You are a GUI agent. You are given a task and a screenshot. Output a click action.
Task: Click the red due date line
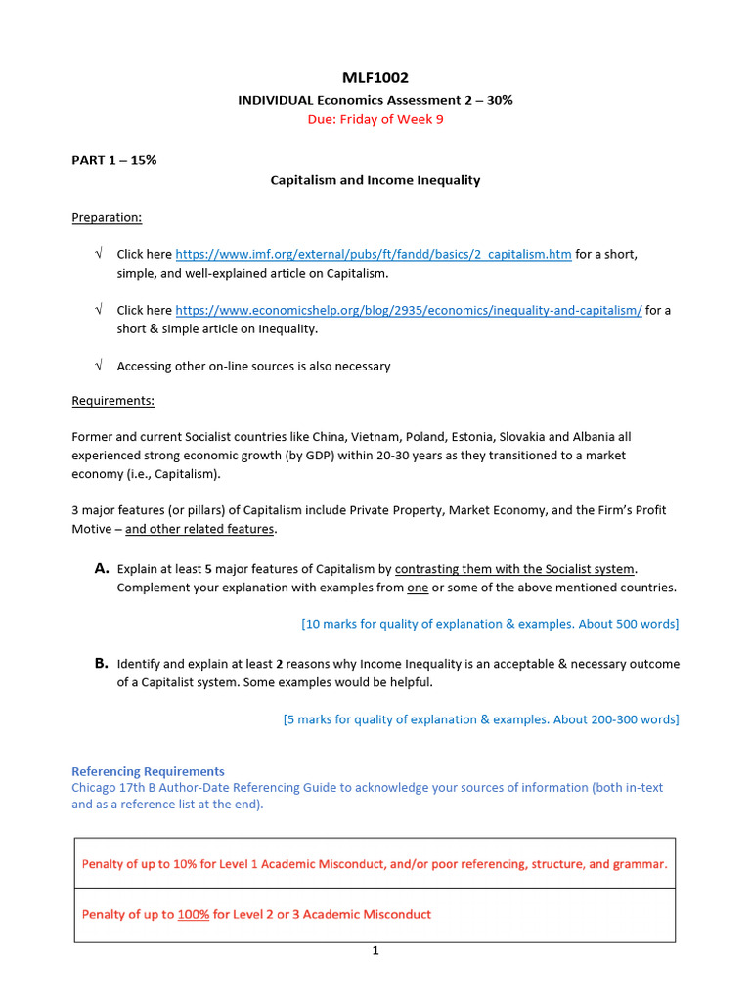point(375,120)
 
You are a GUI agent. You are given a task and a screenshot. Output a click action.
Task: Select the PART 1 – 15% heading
point(113,160)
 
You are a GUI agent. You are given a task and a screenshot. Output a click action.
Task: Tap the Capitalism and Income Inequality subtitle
point(375,180)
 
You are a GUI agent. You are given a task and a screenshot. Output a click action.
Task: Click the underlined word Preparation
point(107,217)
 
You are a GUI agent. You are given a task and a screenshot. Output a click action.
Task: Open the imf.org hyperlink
point(374,254)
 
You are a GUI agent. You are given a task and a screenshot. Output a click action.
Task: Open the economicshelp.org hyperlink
point(409,310)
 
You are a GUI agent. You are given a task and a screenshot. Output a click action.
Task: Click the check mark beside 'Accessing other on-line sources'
point(99,366)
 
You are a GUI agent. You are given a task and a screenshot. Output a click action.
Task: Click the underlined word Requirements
point(112,401)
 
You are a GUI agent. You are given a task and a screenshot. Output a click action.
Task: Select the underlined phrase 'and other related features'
point(200,529)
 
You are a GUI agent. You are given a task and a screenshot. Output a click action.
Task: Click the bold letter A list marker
point(101,568)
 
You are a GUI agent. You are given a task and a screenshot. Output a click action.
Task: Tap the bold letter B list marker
point(101,663)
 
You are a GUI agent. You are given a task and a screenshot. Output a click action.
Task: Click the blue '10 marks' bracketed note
point(490,624)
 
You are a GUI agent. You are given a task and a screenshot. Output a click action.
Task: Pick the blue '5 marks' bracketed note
point(481,719)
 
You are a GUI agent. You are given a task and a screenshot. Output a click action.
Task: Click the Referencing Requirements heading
point(148,771)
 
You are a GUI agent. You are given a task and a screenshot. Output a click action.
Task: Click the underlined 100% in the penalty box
point(193,914)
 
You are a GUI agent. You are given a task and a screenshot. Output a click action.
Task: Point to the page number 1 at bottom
point(375,950)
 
